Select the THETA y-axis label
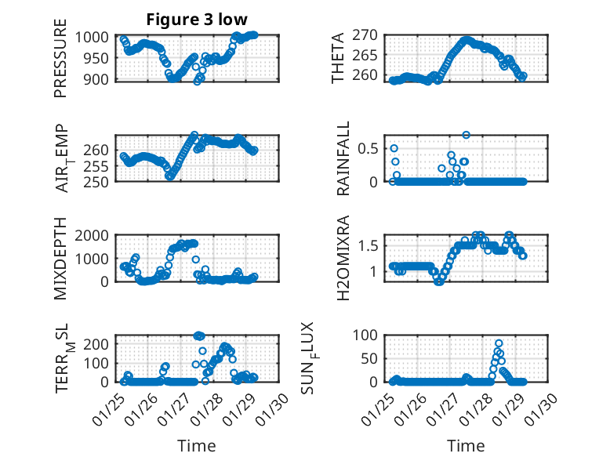click(x=338, y=58)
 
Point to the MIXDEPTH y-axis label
click(x=60, y=259)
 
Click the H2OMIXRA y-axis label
click(x=343, y=259)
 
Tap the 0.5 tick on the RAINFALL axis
click(x=369, y=148)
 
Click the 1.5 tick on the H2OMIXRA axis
click(x=369, y=246)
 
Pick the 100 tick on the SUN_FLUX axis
click(x=369, y=335)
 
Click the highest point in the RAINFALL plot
click(x=466, y=135)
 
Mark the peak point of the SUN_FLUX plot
click(x=499, y=343)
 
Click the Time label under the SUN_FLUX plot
click(x=466, y=445)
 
